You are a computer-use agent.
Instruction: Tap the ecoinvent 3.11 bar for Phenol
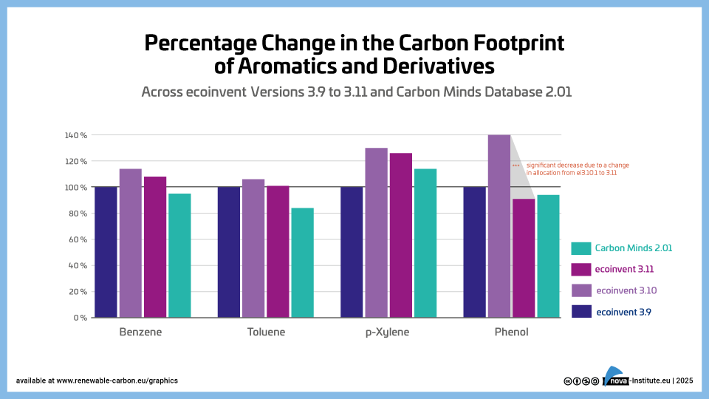click(524, 258)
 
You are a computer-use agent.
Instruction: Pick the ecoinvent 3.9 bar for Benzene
click(106, 252)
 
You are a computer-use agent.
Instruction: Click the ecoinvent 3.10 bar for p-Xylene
click(376, 233)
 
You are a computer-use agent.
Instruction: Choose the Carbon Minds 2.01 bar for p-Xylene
click(425, 243)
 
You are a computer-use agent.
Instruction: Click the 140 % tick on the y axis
click(76, 135)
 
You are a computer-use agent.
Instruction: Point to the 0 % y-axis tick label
click(79, 318)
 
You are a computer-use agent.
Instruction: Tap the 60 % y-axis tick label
click(78, 239)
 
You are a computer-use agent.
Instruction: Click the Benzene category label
click(140, 332)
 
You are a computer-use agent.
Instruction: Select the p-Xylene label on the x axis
click(387, 332)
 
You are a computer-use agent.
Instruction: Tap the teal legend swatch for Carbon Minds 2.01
click(582, 248)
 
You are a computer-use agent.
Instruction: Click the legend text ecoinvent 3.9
click(623, 312)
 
